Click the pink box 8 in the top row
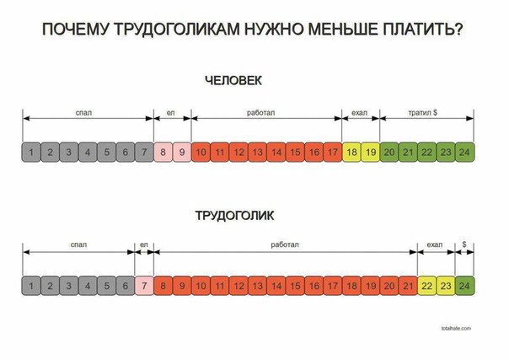(163, 153)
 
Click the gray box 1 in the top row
(31, 153)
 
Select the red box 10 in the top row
(201, 153)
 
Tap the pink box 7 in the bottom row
(144, 285)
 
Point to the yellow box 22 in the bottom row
(426, 285)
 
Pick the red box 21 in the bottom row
(408, 285)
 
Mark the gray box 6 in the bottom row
(125, 285)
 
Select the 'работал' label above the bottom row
(285, 244)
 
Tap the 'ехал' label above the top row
(360, 112)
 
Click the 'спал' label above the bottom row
(78, 244)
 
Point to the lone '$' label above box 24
(464, 244)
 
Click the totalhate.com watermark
(456, 326)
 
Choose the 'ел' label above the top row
(172, 112)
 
